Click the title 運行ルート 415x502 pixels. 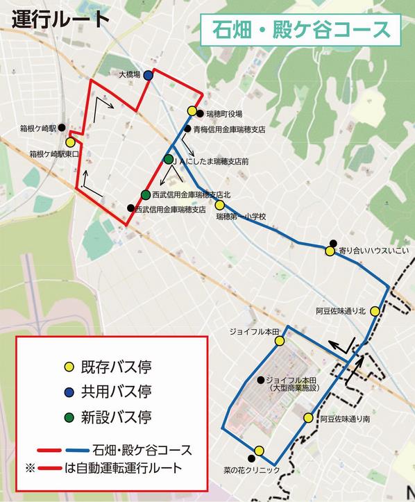61,19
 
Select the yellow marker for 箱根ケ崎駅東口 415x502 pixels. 70,142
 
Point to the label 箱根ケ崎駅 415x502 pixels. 39,128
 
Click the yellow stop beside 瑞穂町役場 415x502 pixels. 192,111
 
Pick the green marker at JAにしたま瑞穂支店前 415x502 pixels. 169,160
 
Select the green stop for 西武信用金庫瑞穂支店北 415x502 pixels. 145,195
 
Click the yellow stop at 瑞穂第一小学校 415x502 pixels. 219,205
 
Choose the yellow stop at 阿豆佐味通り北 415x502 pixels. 374,311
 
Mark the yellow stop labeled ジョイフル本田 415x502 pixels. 276,342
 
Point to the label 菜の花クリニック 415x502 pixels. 253,470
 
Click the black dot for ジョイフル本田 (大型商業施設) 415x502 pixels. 260,380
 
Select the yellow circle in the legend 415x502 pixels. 68,366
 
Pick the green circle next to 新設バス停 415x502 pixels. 68,417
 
